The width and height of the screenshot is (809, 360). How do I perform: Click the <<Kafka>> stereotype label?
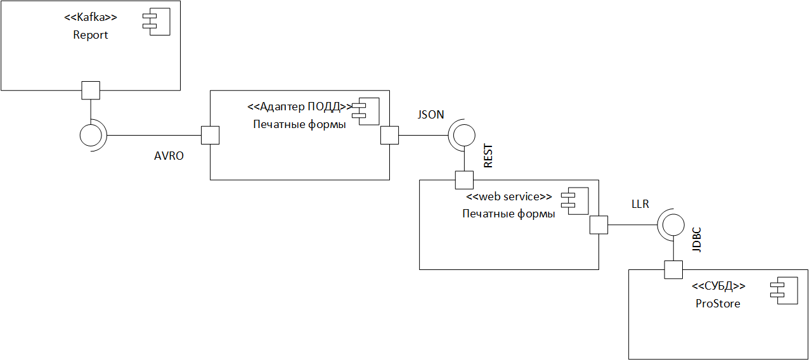[x=91, y=18]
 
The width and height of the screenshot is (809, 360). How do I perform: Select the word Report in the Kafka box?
[x=91, y=35]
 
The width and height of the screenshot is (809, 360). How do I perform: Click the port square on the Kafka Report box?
[x=91, y=91]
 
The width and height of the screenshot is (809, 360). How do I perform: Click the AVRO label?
[x=169, y=156]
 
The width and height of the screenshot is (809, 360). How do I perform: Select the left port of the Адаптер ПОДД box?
[x=210, y=135]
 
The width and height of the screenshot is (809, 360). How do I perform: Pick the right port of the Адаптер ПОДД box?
[x=389, y=135]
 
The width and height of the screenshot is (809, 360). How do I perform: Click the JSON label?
[x=430, y=115]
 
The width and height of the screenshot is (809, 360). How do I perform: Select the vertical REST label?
[x=488, y=157]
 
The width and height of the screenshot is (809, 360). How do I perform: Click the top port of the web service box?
[x=464, y=180]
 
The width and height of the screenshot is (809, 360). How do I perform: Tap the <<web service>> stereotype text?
[x=509, y=196]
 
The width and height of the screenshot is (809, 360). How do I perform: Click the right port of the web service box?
[x=599, y=225]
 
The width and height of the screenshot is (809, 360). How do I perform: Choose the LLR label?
[x=640, y=204]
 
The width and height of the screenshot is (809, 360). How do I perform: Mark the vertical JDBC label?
[x=697, y=240]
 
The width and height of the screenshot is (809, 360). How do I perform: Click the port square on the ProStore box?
[x=673, y=270]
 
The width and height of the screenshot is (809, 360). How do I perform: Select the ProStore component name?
[x=718, y=304]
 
